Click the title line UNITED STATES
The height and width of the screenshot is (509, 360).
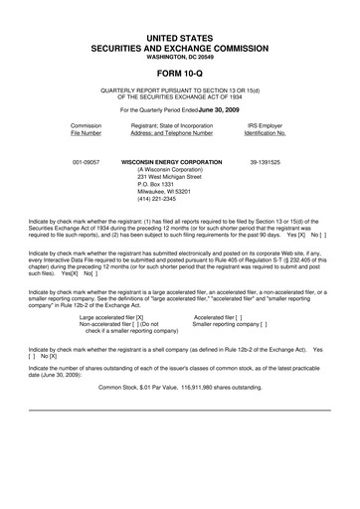(x=180, y=36)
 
